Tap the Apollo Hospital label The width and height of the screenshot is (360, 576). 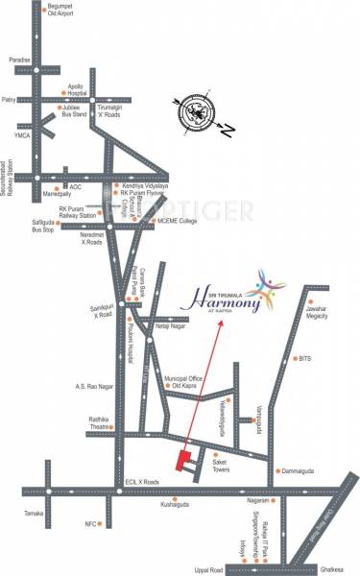[61, 89]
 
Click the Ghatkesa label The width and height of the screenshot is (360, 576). [331, 568]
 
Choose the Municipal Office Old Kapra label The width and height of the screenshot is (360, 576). [185, 382]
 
